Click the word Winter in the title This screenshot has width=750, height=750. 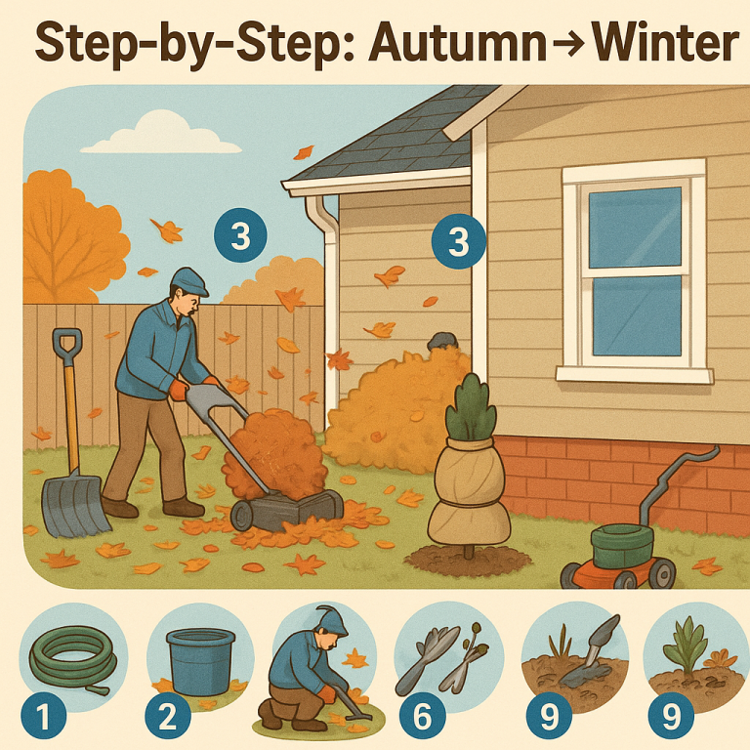pyautogui.click(x=664, y=44)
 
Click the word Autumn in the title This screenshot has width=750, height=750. pyautogui.click(x=457, y=44)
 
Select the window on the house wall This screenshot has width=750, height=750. pyautogui.click(x=634, y=271)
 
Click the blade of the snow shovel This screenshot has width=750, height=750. pyautogui.click(x=73, y=506)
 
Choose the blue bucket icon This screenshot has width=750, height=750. pyautogui.click(x=200, y=661)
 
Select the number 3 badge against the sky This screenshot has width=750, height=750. pyautogui.click(x=240, y=235)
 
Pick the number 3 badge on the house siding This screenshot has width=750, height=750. pyautogui.click(x=458, y=240)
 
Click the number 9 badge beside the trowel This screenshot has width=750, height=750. pyautogui.click(x=549, y=716)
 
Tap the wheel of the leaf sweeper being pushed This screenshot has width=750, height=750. pyautogui.click(x=242, y=517)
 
